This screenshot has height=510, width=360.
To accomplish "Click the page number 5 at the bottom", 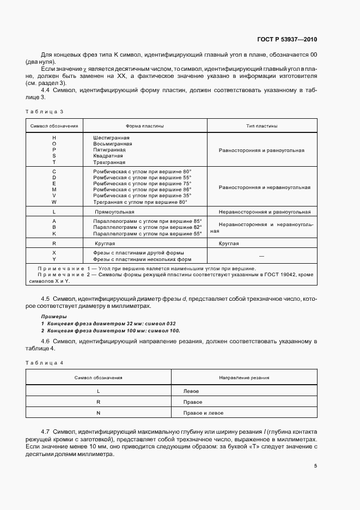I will [x=315, y=466].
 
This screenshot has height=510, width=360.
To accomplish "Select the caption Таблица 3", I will [x=45, y=111].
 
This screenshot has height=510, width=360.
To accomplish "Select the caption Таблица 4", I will [x=45, y=362].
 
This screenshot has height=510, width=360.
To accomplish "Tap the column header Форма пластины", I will [x=144, y=126].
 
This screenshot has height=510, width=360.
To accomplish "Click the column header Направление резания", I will [x=244, y=378].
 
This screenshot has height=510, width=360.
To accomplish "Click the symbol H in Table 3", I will [x=54, y=138].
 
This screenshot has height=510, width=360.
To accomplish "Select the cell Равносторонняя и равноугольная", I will [x=261, y=150].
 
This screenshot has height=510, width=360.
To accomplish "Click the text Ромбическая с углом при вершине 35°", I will [x=143, y=195].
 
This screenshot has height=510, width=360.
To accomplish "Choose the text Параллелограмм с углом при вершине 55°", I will [x=147, y=233].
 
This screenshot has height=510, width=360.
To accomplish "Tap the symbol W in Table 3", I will [x=54, y=202].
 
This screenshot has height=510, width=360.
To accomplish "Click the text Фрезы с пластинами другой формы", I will [x=138, y=253].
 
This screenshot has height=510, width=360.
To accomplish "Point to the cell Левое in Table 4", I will [x=192, y=392].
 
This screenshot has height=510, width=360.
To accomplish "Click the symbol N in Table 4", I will [x=98, y=413].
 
